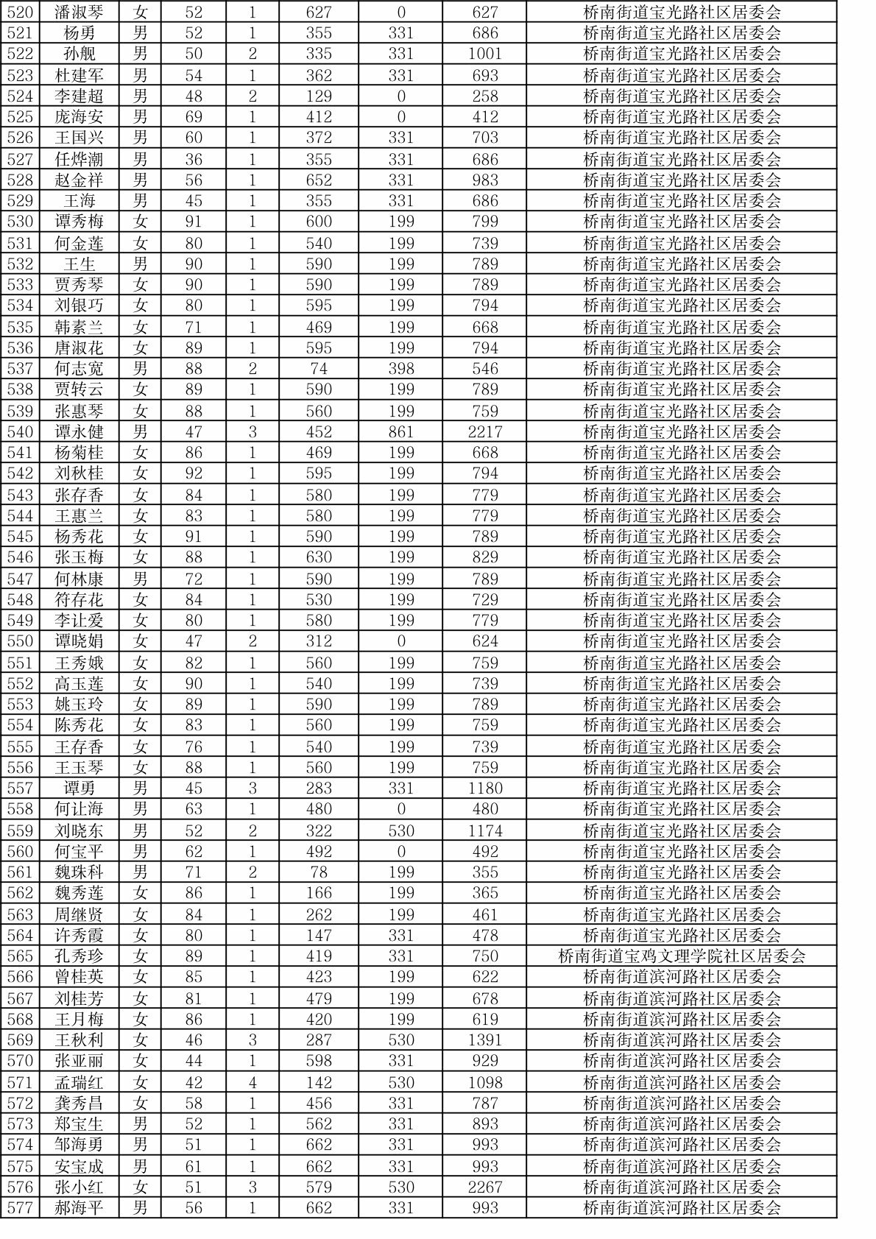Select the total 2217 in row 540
point(484,432)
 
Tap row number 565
point(20,956)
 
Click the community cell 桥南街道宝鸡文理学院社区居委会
point(682,956)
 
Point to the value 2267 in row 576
point(484,1187)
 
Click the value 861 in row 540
point(401,432)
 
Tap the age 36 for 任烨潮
point(194,159)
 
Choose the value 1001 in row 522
point(484,54)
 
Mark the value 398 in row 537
point(401,369)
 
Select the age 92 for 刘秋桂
point(194,473)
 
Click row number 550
point(20,641)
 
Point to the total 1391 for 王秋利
point(484,1040)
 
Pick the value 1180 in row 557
point(484,788)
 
